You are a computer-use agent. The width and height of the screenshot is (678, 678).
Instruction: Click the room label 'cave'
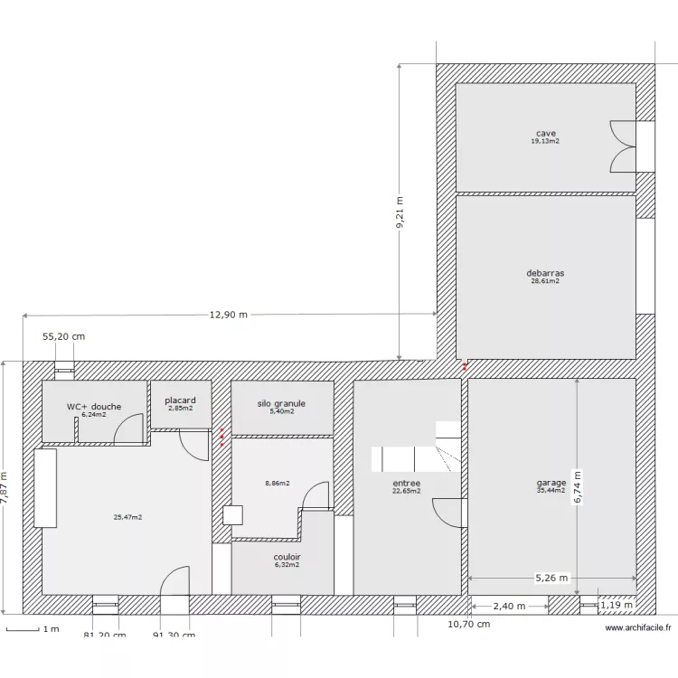545,133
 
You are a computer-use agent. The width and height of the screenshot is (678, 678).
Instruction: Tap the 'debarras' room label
545,273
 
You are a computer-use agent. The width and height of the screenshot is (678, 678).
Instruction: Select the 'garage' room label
551,483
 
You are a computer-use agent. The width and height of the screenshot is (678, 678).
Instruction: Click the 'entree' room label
406,484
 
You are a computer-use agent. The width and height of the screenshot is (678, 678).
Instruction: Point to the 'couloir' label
287,557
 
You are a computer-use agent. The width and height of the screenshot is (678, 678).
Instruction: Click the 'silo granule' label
281,403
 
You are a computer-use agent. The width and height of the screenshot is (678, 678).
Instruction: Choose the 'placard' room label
180,400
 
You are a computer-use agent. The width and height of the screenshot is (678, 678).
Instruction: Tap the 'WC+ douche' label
93,407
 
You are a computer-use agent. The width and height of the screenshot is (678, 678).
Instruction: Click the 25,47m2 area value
127,517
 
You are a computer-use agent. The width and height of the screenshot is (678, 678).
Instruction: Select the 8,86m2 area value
278,484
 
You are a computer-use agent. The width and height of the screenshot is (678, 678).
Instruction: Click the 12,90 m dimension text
229,315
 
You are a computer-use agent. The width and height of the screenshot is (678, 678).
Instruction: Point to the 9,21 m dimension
400,213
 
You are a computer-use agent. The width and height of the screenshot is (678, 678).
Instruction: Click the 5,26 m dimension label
551,578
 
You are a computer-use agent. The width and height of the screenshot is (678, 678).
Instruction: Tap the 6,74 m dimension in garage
578,488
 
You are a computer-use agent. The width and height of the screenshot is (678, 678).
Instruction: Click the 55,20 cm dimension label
64,336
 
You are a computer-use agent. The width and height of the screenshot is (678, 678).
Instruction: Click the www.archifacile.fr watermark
637,627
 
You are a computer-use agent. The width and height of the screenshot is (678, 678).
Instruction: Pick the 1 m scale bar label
52,628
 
